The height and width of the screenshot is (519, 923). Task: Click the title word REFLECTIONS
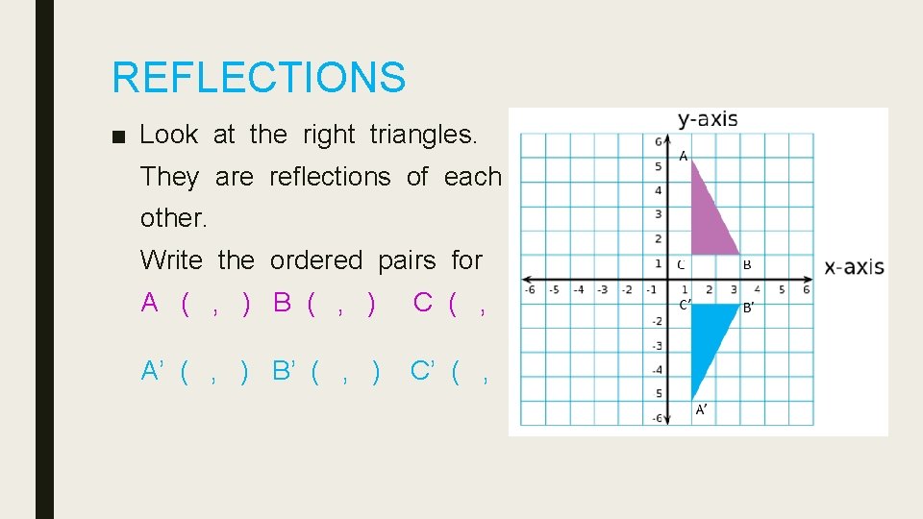coord(259,77)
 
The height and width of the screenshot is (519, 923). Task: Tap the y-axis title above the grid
coord(708,119)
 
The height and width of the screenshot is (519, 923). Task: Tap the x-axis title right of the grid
coord(854,267)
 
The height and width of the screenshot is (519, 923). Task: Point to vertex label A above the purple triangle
coord(683,156)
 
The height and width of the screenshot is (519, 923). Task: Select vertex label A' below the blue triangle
coord(701,409)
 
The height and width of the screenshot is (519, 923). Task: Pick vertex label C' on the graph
coord(685,305)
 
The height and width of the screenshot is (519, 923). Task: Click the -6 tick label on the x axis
coord(529,289)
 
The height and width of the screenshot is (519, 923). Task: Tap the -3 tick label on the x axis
coord(602,289)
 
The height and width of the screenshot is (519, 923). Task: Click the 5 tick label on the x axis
coord(782,289)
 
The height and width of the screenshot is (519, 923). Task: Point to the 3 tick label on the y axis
coord(658,214)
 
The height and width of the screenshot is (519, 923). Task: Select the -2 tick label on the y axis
coord(657,321)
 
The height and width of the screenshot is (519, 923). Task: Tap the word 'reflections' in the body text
coord(330,177)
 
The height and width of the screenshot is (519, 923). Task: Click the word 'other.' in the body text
coord(174,218)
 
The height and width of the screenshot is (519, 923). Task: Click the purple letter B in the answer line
coord(282,302)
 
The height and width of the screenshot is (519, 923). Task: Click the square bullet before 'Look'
coord(117,136)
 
